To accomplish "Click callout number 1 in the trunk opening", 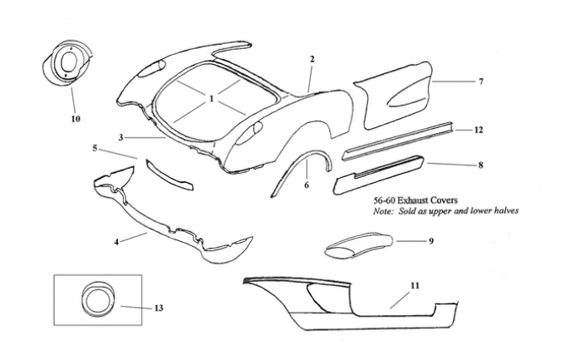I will (x=212, y=98).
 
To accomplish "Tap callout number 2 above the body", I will (x=312, y=59).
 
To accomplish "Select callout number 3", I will (x=121, y=137).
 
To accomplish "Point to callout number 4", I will (x=117, y=241).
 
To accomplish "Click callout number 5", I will (x=96, y=148).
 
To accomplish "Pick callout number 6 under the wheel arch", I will (x=306, y=185).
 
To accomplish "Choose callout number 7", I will (x=480, y=81).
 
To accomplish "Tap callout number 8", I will (x=480, y=165).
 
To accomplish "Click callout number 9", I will (x=431, y=241).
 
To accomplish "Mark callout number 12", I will (x=479, y=131).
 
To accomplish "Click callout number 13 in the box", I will (x=158, y=308).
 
